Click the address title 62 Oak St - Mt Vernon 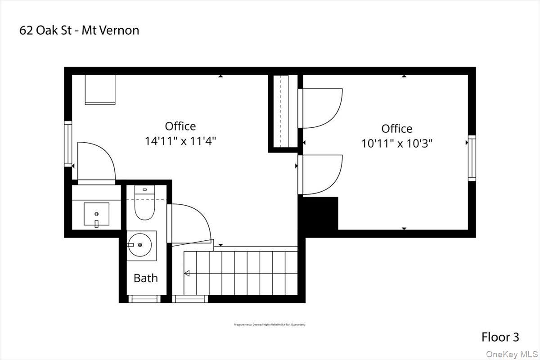point(79,31)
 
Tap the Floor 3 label point(500,337)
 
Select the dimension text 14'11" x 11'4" point(180,141)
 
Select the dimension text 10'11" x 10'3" point(397,143)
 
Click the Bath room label point(146,278)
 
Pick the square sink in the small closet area point(96,216)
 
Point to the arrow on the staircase point(187,273)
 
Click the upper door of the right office point(320,108)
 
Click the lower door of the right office point(320,175)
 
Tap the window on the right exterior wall point(472,157)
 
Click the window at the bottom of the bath point(144,298)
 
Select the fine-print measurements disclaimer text point(270,324)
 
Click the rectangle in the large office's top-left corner point(100,90)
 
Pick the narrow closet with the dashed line point(283,112)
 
